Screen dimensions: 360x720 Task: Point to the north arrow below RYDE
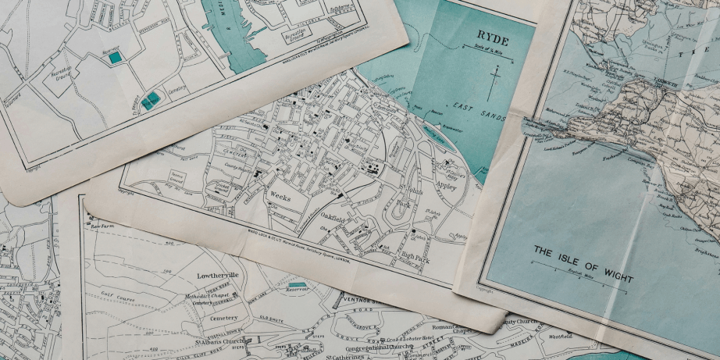click(493, 82)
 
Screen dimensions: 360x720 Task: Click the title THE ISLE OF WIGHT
click(583, 263)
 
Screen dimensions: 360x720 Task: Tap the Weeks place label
click(280, 197)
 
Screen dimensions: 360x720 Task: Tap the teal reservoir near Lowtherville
click(298, 285)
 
